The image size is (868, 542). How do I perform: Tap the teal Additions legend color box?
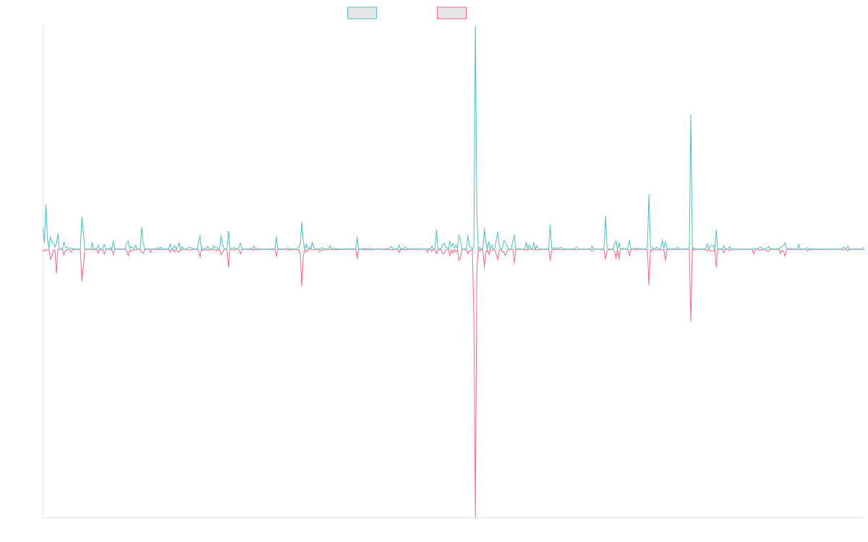click(x=362, y=13)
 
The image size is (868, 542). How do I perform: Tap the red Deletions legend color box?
click(x=451, y=13)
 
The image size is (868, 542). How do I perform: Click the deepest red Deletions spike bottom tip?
click(x=475, y=516)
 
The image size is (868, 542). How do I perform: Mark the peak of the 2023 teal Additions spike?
click(x=691, y=115)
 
